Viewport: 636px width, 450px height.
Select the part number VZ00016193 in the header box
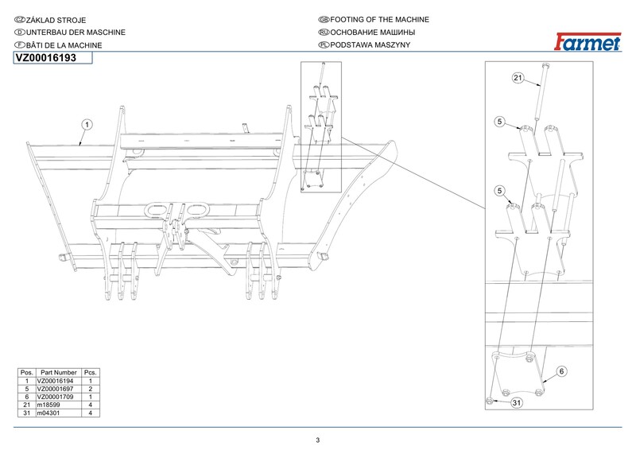(x=45, y=58)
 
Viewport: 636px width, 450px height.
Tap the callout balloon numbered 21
(x=518, y=78)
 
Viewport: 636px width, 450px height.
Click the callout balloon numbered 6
(x=560, y=371)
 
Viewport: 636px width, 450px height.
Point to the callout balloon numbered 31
(x=516, y=403)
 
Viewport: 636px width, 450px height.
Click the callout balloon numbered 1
(x=85, y=124)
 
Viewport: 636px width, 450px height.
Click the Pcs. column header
(x=91, y=373)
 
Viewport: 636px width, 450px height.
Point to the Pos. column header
(x=26, y=373)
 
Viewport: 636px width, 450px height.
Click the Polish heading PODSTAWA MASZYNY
(x=370, y=45)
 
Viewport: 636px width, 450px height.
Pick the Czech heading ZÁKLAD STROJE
(x=56, y=19)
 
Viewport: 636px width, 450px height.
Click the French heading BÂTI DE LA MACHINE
(x=63, y=45)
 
